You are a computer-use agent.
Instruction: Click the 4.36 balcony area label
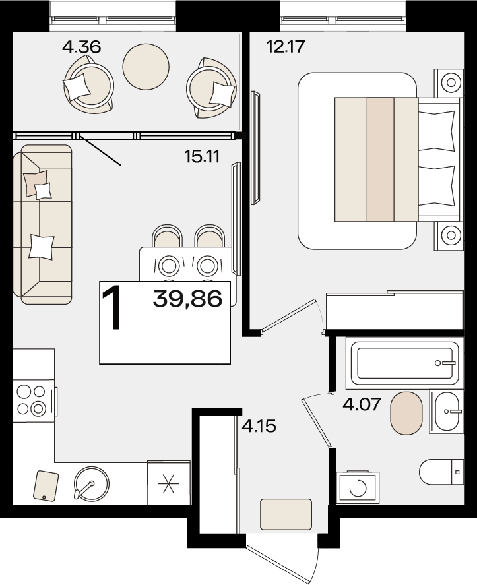tap(81, 47)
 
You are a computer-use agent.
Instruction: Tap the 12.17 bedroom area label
tap(286, 47)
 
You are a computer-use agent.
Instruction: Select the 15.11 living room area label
tap(202, 156)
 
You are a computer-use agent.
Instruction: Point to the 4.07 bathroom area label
tap(362, 404)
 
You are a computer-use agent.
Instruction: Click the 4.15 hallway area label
tap(259, 426)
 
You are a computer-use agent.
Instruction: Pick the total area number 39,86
tap(187, 299)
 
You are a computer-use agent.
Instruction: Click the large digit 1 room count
tap(113, 307)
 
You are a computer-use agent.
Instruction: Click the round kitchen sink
tap(92, 483)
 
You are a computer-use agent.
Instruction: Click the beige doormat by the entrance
tap(286, 514)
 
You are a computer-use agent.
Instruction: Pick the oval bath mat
tap(406, 413)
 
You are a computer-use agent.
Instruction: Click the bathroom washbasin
tap(447, 412)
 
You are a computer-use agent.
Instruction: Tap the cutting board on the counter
tap(46, 486)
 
